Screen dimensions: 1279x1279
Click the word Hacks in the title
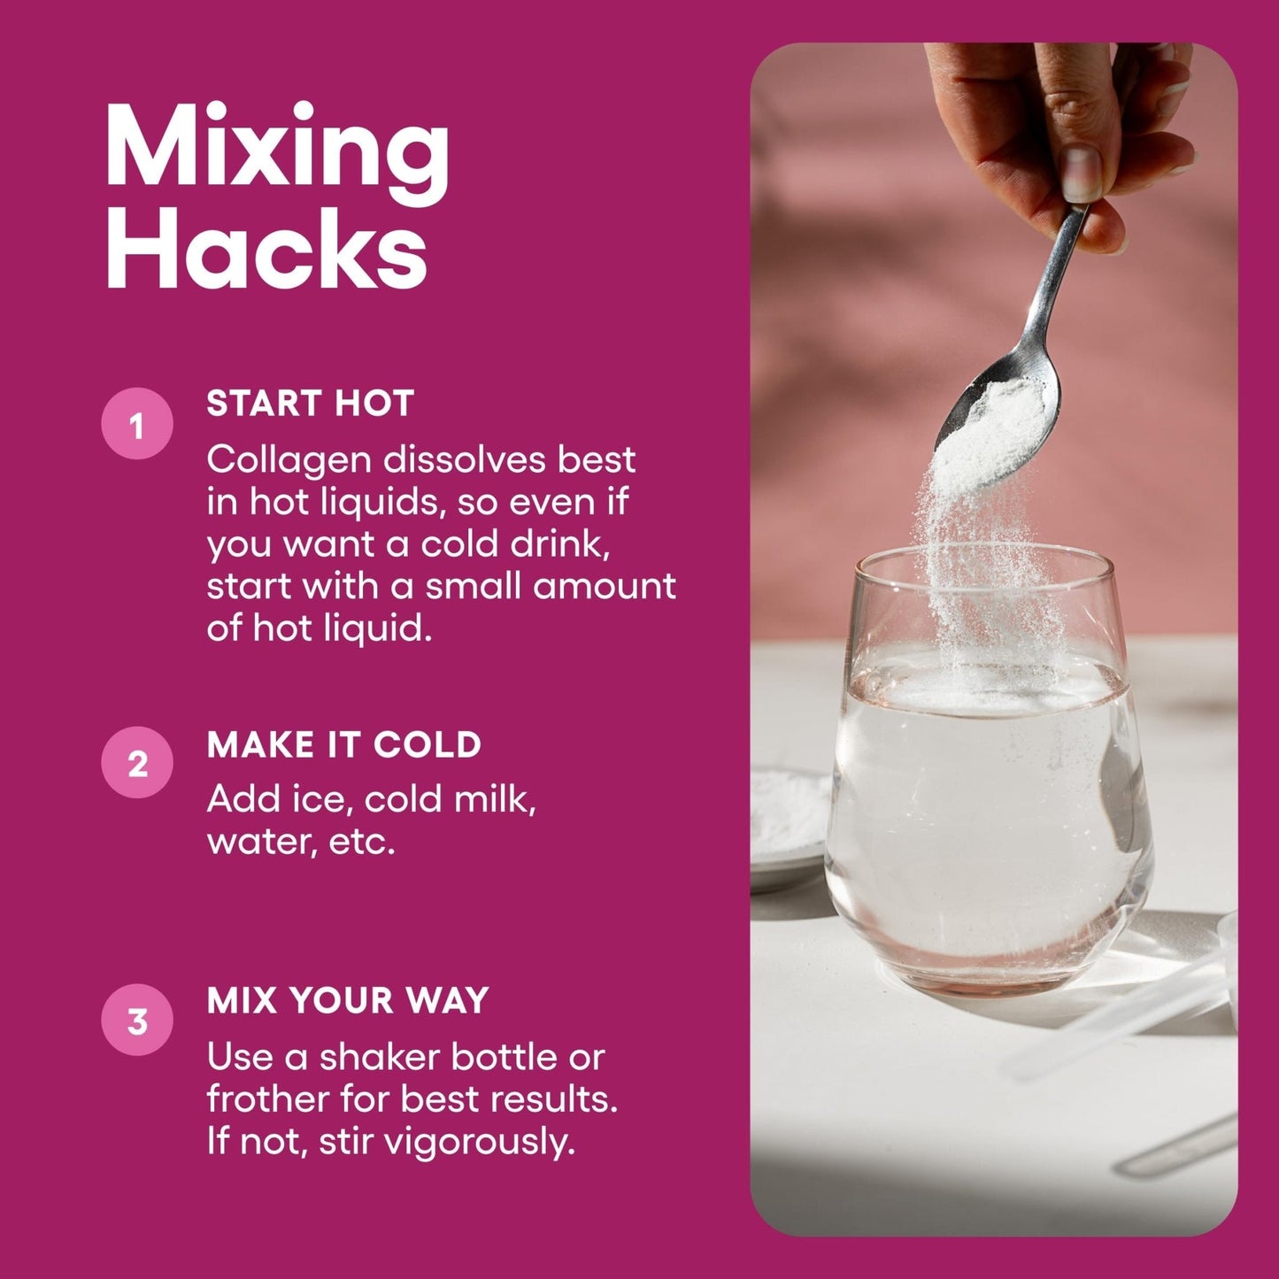(266, 249)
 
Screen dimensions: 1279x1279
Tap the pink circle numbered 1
(136, 423)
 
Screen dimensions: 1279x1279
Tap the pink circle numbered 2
(136, 763)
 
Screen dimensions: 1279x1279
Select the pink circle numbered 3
(136, 1021)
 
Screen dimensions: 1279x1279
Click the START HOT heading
(311, 403)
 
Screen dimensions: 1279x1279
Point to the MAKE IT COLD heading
(343, 744)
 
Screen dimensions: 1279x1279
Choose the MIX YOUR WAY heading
(348, 1000)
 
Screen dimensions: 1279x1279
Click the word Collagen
(289, 460)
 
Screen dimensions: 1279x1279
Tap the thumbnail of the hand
(1082, 173)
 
